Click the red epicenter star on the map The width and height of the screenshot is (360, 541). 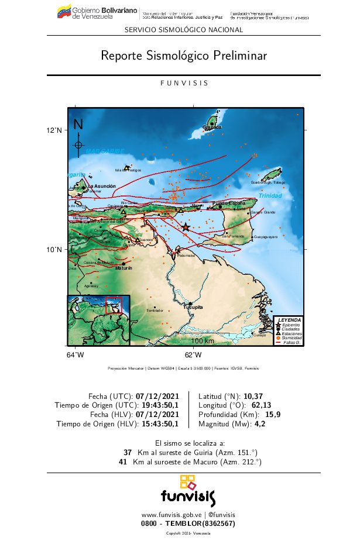[x=186, y=227]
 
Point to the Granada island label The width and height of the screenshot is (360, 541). [x=212, y=127]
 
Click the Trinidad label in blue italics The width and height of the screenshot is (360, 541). [x=270, y=195]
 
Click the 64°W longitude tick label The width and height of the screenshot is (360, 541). [x=75, y=354]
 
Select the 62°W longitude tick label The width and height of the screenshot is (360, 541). [x=193, y=354]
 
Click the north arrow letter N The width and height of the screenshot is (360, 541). [x=78, y=125]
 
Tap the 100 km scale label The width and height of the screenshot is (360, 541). [x=203, y=341]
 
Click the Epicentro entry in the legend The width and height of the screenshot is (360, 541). [x=291, y=325]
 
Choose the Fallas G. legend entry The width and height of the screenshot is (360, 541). [x=291, y=342]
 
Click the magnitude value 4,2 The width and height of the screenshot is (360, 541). [x=260, y=424]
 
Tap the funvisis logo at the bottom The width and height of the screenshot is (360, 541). [x=188, y=491]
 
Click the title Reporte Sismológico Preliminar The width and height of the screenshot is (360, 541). [x=184, y=56]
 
